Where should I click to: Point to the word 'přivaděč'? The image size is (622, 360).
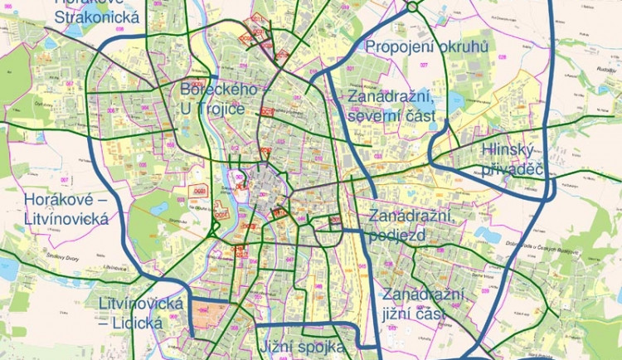(x=512, y=170)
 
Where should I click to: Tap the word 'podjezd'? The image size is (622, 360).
(x=397, y=235)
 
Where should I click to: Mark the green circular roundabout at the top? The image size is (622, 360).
(x=412, y=7)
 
